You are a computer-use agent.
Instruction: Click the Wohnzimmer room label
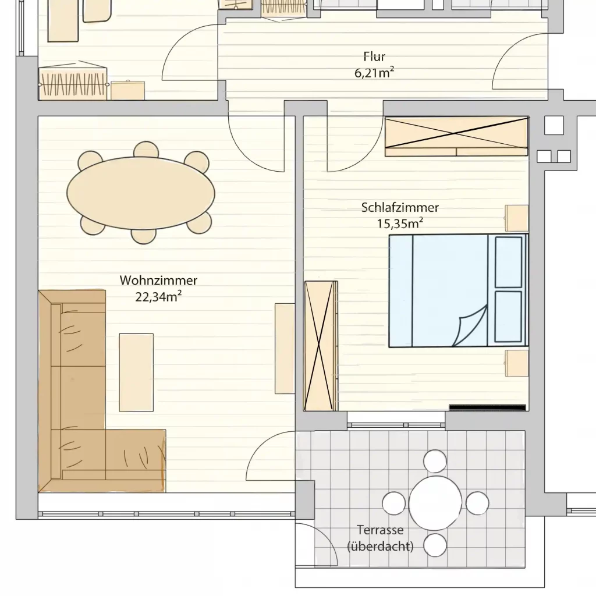click(x=158, y=281)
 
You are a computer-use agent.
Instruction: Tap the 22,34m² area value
click(x=158, y=296)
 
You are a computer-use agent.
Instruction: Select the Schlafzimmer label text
click(x=400, y=208)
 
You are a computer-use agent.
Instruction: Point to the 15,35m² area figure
click(x=400, y=223)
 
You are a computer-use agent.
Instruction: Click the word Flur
click(x=374, y=56)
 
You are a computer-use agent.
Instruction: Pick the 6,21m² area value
click(x=374, y=72)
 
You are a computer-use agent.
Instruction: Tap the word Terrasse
click(x=380, y=530)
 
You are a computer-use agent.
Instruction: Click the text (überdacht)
click(x=380, y=546)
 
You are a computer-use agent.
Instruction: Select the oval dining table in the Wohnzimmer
click(x=141, y=193)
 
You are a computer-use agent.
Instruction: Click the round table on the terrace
click(x=435, y=503)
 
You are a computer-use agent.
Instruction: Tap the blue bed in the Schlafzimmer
click(x=459, y=291)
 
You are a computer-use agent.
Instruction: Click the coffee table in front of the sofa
click(x=136, y=372)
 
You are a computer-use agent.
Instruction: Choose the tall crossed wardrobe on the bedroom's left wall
click(x=321, y=346)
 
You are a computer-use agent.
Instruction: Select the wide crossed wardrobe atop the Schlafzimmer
click(x=456, y=136)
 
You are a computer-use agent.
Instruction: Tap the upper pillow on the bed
click(x=509, y=262)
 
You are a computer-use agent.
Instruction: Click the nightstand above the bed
click(x=517, y=218)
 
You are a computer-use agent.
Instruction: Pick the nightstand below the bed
click(x=517, y=363)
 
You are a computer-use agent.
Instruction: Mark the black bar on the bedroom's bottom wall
click(x=487, y=407)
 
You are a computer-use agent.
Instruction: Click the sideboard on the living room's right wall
click(x=285, y=349)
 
